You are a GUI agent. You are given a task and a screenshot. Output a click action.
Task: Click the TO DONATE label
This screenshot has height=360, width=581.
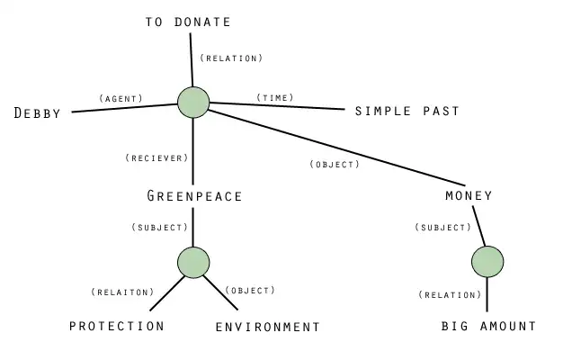[188, 22]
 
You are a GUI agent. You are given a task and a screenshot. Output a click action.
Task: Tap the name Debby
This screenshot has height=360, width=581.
[38, 113]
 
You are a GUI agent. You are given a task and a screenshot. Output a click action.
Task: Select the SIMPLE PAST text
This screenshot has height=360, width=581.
[407, 111]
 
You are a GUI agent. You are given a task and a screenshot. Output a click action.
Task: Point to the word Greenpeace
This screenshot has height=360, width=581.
[194, 195]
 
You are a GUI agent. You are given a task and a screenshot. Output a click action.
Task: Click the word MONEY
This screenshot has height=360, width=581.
[469, 195]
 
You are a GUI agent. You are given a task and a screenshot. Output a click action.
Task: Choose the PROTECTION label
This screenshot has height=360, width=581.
[117, 326]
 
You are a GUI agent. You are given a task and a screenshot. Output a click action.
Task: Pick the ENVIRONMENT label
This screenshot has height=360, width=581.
[268, 327]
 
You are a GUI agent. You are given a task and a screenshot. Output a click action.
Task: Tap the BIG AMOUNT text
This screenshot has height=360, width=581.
[488, 326]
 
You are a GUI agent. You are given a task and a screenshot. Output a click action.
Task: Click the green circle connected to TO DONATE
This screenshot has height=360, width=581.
[193, 101]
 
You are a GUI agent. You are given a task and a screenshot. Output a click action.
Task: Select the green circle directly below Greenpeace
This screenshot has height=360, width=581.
[193, 262]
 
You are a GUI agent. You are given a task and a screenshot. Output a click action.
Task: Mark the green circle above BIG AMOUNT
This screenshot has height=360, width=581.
[487, 261]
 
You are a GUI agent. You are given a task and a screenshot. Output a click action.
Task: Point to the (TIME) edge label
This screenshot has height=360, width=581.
[274, 96]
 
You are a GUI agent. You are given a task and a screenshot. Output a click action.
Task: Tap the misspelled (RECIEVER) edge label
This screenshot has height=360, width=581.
[156, 157]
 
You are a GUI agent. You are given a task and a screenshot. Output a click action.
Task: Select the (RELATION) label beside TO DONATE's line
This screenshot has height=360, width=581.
[231, 58]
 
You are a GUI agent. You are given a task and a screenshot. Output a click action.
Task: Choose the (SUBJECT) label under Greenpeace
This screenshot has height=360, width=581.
[159, 227]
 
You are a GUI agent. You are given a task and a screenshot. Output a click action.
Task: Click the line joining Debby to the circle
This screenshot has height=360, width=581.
[126, 107]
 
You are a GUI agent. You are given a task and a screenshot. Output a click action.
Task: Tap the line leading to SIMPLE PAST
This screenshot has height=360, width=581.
[279, 107]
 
